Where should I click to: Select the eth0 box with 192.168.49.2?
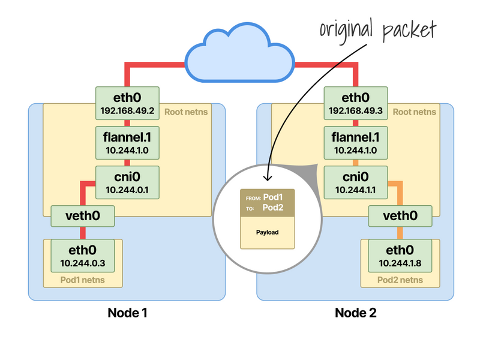[x=127, y=103]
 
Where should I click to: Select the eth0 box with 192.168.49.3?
[x=355, y=103]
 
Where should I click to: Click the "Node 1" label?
[x=127, y=313]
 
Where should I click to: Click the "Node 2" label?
[x=355, y=313]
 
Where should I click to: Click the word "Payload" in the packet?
[x=268, y=232]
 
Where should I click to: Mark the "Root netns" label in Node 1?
[x=190, y=112]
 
